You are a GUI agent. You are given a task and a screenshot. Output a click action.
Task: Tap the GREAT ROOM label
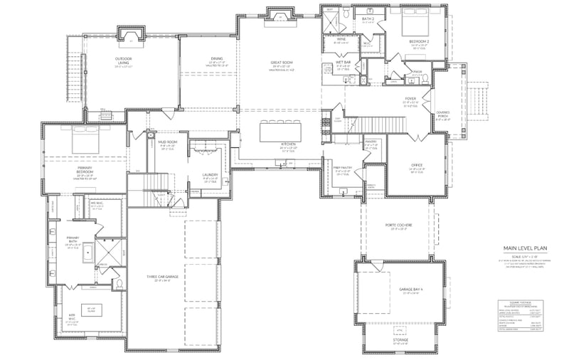tap(282, 63)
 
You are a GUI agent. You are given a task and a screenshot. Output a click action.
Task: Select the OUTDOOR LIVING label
tap(128, 60)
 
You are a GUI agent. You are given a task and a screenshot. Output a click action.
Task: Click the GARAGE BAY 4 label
tap(411, 290)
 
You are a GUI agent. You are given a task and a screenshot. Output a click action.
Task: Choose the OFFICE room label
tap(417, 165)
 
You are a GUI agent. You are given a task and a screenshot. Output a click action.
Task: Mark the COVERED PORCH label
tap(442, 113)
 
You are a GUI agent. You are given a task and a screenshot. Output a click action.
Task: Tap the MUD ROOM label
tap(167, 142)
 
